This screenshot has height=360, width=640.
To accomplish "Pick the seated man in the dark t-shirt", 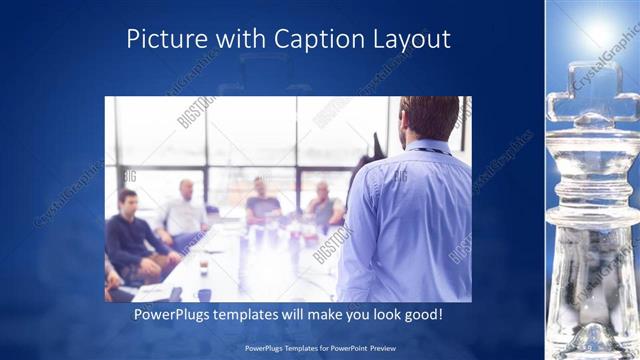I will [x=262, y=202].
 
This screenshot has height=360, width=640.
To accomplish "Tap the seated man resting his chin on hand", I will [x=323, y=205].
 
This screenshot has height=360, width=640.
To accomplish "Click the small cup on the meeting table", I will [x=203, y=267].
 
